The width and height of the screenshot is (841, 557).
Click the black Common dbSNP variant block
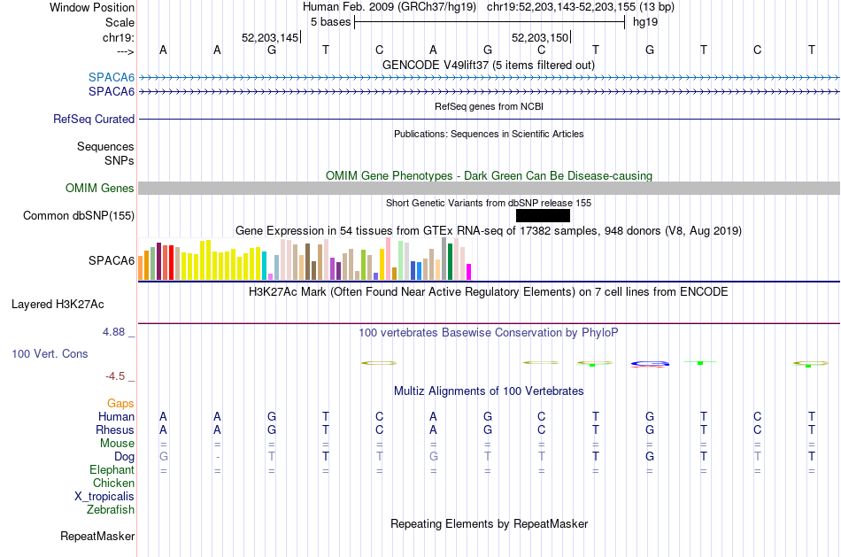543,216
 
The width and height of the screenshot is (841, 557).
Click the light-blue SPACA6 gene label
112,77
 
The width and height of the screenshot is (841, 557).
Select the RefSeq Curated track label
94,120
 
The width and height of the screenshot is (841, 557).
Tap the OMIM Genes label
100,188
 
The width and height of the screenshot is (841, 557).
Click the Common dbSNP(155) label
79,216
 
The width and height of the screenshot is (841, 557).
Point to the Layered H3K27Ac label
58,305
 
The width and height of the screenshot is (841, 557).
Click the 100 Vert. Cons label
50,353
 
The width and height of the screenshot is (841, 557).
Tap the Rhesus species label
115,429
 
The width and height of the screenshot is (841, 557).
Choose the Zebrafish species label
111,509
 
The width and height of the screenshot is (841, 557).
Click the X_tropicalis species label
104,497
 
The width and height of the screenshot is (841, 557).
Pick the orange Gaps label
120,403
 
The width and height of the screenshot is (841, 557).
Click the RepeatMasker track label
97,536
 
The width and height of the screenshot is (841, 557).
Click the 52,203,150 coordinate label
540,37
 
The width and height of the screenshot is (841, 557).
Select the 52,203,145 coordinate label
270,37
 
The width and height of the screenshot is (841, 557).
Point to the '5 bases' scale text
330,22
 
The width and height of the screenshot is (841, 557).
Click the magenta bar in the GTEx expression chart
469,272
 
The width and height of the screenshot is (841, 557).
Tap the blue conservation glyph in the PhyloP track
650,364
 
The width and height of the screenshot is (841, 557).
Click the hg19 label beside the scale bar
645,22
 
